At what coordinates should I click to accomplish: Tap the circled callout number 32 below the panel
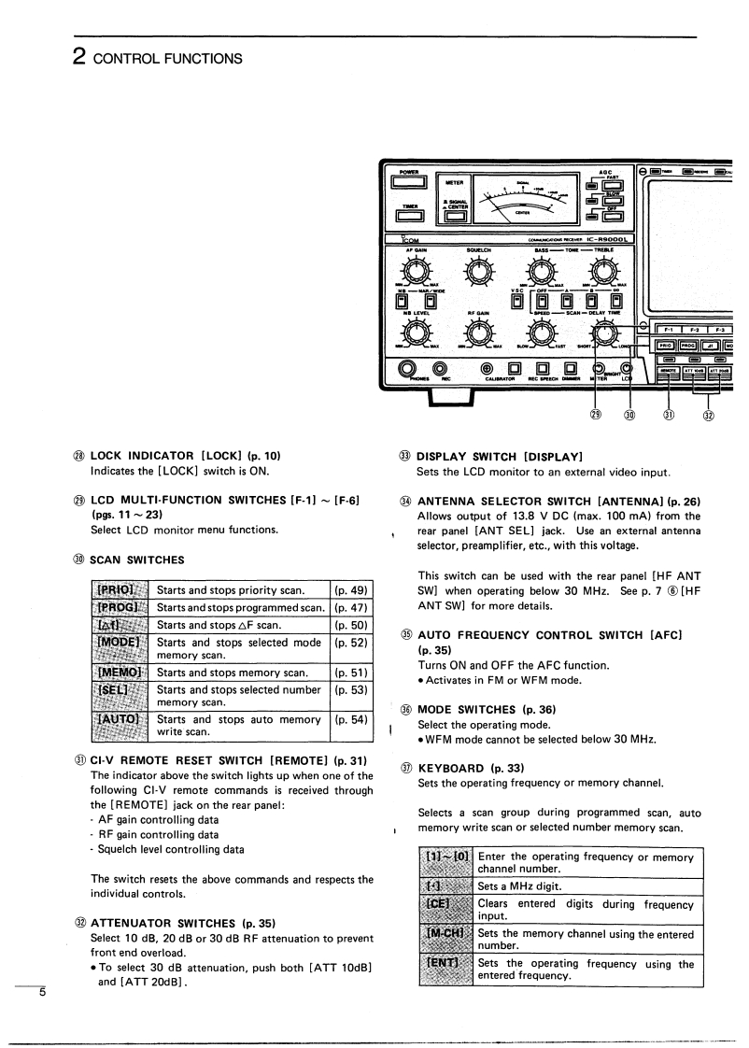(x=708, y=414)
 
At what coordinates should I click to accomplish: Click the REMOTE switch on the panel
(x=669, y=371)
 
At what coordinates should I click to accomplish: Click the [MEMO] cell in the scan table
(x=120, y=672)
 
